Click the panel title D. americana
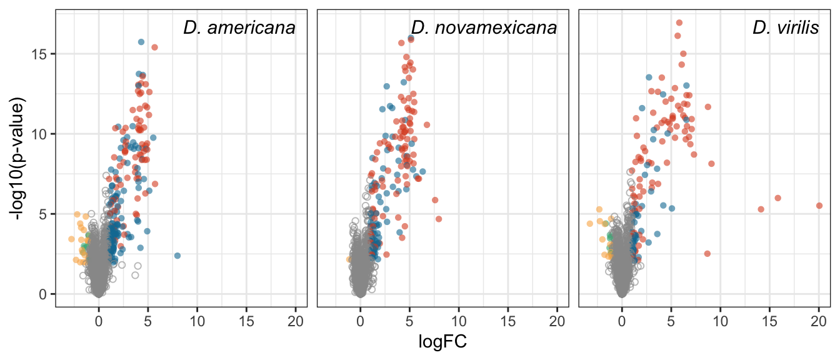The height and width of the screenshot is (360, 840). pyautogui.click(x=239, y=28)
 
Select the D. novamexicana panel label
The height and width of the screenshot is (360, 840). pyautogui.click(x=484, y=28)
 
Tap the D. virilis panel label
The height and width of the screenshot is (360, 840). pyautogui.click(x=786, y=28)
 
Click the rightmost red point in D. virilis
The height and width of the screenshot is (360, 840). pyautogui.click(x=819, y=206)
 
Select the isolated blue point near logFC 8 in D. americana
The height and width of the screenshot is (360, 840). pyautogui.click(x=177, y=256)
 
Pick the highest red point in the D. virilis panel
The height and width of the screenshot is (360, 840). pyautogui.click(x=679, y=22)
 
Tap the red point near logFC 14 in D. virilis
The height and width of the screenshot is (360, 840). pyautogui.click(x=761, y=209)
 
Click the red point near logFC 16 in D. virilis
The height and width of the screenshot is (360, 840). pyautogui.click(x=778, y=198)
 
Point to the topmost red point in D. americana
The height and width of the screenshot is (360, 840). pyautogui.click(x=154, y=47)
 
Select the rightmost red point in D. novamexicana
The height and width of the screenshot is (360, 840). pyautogui.click(x=439, y=219)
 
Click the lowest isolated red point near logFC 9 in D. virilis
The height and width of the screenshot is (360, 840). pyautogui.click(x=707, y=254)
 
